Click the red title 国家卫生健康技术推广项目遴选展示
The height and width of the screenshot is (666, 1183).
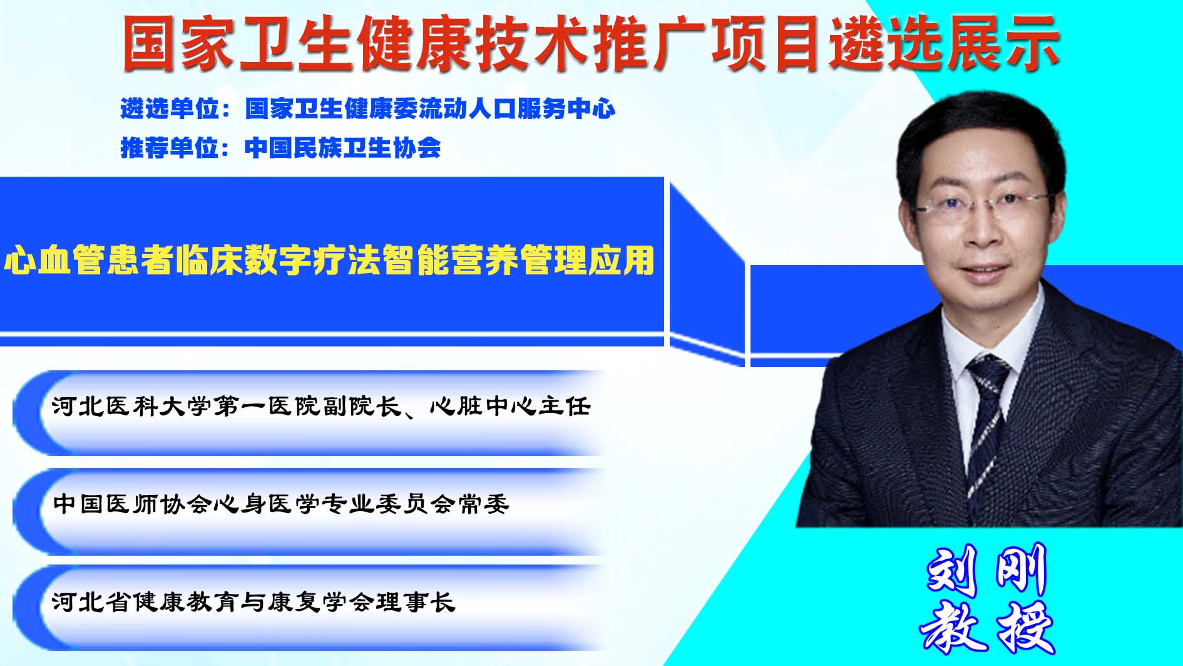point(591,43)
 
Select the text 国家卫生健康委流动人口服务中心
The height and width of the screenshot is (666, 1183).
point(430,109)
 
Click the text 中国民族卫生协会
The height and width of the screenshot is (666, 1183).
point(343,148)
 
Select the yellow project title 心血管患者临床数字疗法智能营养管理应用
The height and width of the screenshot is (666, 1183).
point(330,260)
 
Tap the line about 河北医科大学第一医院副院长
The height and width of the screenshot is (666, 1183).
point(321,407)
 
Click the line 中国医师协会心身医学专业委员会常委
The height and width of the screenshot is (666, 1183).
point(281,504)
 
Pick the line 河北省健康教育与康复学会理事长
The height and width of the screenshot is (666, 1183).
point(253,602)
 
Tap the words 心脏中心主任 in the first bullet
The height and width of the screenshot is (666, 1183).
point(510,407)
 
